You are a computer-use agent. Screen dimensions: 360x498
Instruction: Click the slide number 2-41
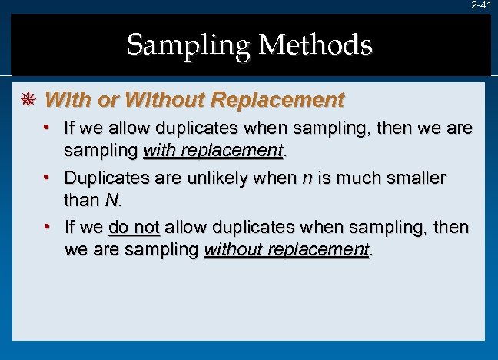tap(482, 5)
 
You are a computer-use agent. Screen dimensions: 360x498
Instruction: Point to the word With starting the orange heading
tap(62, 100)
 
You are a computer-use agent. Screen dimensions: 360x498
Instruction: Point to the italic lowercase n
tap(307, 179)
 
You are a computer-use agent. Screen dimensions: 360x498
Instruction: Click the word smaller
tap(415, 178)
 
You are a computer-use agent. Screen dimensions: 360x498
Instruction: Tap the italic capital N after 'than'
tap(111, 202)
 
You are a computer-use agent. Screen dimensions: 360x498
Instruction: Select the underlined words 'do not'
tap(134, 228)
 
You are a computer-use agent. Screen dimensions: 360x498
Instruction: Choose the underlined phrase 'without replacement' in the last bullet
tap(286, 251)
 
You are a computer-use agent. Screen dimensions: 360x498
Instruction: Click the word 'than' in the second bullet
tap(81, 202)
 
